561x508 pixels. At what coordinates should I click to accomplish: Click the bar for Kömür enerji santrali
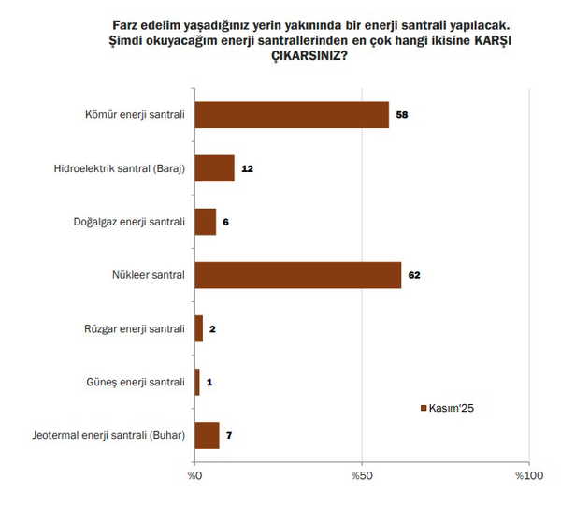point(292,115)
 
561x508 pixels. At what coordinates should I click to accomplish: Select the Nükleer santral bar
point(298,275)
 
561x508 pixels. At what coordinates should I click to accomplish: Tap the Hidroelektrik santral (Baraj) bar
point(214,168)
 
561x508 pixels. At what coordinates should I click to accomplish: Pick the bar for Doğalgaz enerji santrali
point(205,222)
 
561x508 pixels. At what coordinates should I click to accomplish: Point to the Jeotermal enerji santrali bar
point(207,435)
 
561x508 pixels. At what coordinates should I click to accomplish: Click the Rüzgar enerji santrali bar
point(198,328)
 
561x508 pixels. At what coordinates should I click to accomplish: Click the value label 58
point(403,115)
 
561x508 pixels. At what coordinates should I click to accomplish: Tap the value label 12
point(248,168)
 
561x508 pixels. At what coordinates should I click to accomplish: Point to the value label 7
point(230,435)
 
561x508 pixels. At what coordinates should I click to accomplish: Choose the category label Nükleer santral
point(147,275)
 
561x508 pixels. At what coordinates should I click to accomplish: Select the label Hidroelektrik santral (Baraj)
point(121,168)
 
